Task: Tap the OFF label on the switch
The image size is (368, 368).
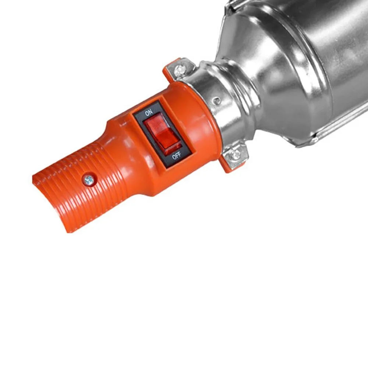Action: coord(176,156)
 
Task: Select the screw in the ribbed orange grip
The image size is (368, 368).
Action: coord(88,180)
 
